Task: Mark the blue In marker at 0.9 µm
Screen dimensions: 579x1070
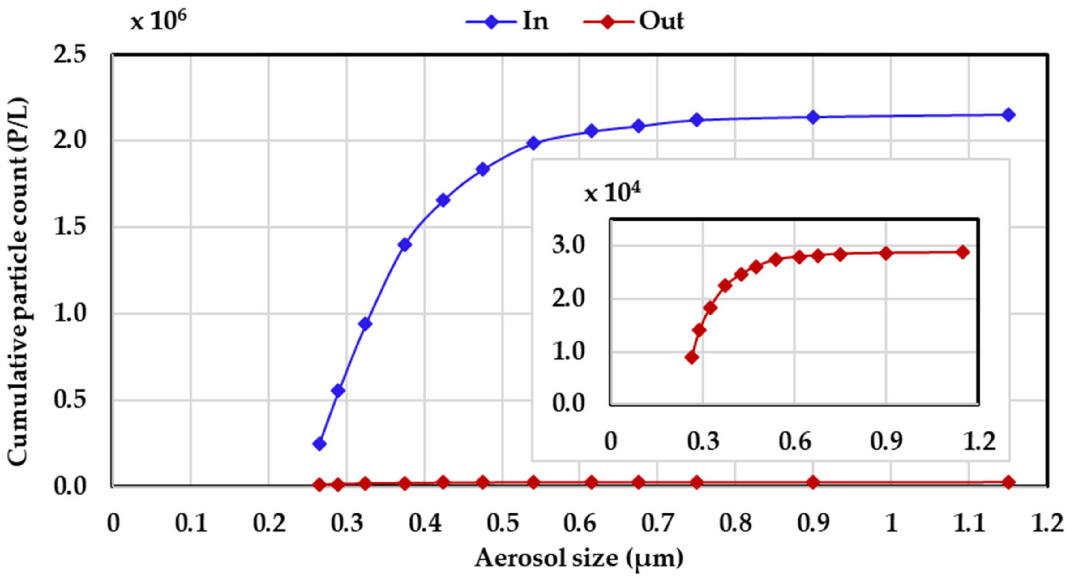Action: click(x=813, y=118)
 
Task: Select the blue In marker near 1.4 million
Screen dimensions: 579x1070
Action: click(x=404, y=245)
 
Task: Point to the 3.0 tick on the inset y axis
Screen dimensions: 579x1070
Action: click(x=568, y=246)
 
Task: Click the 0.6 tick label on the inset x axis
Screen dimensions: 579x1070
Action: click(x=794, y=442)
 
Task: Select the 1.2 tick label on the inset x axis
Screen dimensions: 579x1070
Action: click(x=979, y=442)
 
